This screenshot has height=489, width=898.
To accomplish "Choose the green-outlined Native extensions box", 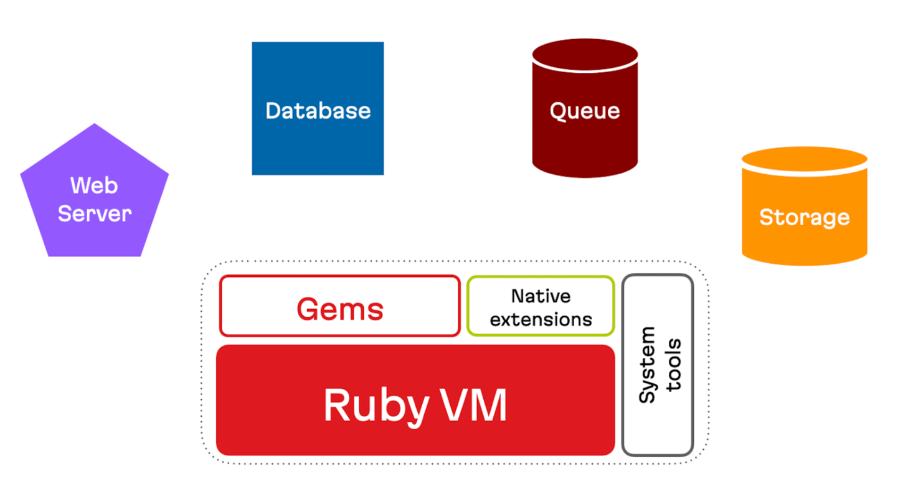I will click(x=541, y=307).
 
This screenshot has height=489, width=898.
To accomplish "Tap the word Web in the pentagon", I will click(x=94, y=185).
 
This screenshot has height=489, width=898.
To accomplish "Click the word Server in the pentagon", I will click(x=95, y=213).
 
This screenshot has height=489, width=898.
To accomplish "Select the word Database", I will click(x=318, y=111).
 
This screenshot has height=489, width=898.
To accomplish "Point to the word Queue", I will click(x=585, y=111).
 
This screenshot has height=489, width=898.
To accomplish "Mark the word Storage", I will click(x=804, y=217).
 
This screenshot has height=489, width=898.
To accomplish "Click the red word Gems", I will click(x=339, y=309).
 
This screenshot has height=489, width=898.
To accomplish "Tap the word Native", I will click(x=541, y=296).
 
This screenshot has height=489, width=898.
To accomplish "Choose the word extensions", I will click(x=541, y=319).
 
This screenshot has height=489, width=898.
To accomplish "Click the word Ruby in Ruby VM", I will click(x=375, y=406).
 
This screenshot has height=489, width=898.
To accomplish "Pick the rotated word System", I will click(x=648, y=365).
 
